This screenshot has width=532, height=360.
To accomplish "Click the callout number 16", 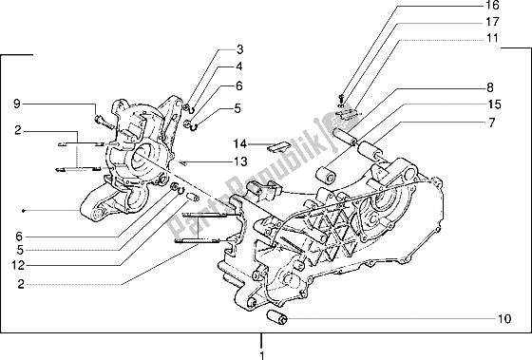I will (492, 8).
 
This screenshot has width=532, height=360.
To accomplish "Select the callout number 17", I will (492, 21).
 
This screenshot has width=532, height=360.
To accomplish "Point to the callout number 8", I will (492, 87).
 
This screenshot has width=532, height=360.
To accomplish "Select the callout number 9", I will (16, 103).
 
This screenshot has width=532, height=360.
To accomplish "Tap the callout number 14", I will (242, 143).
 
